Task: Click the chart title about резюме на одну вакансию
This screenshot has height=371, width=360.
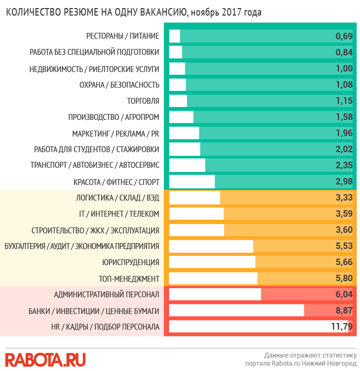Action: point(134,12)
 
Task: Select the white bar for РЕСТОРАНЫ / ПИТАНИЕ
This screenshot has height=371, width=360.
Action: point(175,36)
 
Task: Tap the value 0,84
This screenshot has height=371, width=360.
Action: point(343,52)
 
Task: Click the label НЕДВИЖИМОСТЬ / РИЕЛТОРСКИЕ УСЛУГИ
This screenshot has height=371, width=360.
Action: point(94,68)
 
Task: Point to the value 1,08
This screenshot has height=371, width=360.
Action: point(343,84)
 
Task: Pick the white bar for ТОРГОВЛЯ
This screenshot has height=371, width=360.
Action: point(178,101)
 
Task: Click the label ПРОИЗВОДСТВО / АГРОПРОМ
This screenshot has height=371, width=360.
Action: point(114,117)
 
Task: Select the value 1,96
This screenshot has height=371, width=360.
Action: point(343,133)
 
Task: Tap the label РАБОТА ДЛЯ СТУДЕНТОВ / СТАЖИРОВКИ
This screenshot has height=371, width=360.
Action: point(96,149)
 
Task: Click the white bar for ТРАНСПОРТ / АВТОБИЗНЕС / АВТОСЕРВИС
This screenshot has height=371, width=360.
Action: point(187,165)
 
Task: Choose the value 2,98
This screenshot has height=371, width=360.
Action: point(343,181)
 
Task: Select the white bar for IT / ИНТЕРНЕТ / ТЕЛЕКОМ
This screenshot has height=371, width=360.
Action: point(196,214)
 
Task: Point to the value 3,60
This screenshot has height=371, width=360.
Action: point(343,230)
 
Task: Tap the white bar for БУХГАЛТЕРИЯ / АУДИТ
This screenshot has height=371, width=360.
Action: point(211,246)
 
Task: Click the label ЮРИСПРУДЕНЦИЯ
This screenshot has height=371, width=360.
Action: point(131,262)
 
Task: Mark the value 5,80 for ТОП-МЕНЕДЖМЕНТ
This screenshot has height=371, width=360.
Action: point(343,279)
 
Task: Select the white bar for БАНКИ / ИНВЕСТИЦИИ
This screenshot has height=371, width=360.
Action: point(236,310)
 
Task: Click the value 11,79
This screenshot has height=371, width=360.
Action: point(341,326)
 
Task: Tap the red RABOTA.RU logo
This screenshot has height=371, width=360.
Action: point(45,359)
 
